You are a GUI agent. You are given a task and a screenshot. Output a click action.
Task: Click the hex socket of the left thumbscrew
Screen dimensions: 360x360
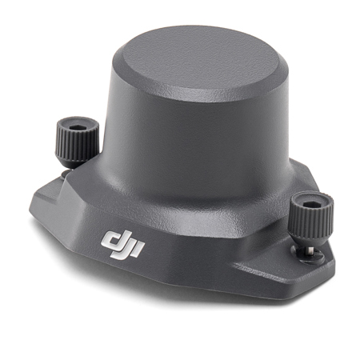[x=78, y=127]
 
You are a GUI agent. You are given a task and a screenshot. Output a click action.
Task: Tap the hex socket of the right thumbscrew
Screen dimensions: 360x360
[x=312, y=205]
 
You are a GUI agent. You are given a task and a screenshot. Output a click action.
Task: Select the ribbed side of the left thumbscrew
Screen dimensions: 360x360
[x=76, y=144]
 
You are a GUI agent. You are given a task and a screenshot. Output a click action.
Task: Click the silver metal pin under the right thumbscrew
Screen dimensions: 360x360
[x=311, y=250]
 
